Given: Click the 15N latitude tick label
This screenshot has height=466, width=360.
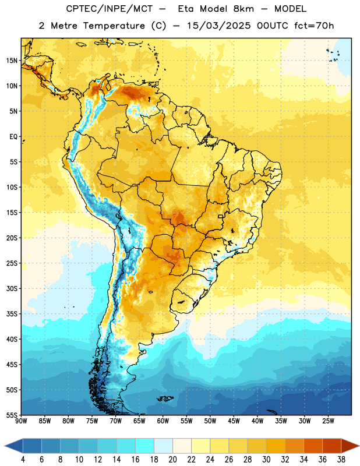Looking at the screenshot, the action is click(12, 61).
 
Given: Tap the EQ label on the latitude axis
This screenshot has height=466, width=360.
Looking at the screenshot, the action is click(13, 137).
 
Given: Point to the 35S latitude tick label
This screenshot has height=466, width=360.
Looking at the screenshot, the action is click(12, 314).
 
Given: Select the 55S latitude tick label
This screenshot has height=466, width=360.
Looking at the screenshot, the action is click(12, 415).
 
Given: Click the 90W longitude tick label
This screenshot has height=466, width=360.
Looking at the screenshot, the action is click(22, 421).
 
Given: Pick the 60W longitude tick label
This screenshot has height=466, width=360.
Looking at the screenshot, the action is click(163, 421).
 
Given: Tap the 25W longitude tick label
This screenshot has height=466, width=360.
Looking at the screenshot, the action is click(328, 421).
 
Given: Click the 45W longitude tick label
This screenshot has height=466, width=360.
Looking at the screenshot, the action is click(234, 421).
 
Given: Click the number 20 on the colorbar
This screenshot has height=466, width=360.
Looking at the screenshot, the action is click(172, 460).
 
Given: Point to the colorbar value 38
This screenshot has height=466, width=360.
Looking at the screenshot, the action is click(341, 460).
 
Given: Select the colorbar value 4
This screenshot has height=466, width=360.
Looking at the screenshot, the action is click(23, 460).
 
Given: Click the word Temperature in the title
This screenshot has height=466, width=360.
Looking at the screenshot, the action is click(114, 26).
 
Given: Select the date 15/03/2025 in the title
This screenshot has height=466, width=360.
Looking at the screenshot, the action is click(219, 26).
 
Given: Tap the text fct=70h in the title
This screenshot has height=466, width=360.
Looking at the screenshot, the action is click(314, 26).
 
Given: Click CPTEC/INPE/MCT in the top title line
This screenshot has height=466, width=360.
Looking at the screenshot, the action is click(110, 9).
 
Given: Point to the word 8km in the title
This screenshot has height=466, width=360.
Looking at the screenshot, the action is click(243, 9).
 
